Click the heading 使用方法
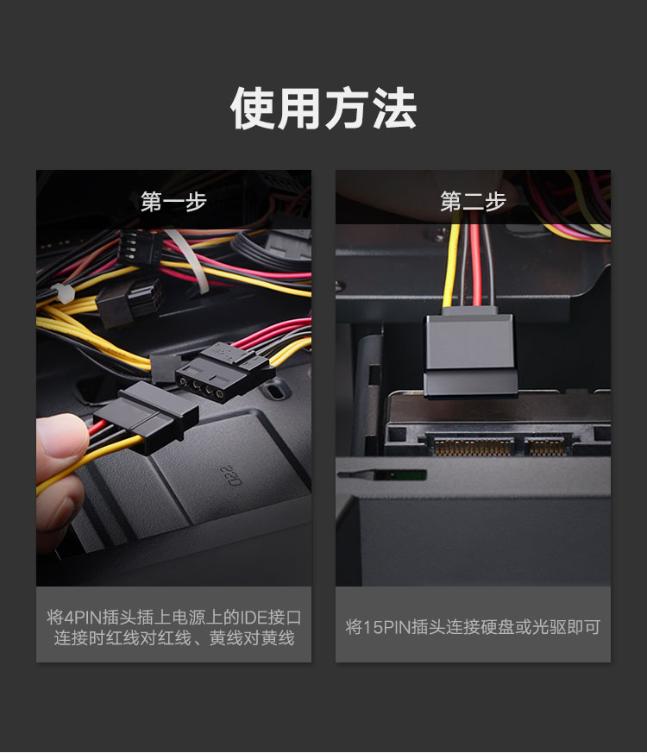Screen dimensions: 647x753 click(323, 108)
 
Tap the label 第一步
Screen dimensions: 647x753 click(173, 201)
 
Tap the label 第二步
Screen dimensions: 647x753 click(473, 201)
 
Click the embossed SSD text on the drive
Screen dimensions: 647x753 click(231, 475)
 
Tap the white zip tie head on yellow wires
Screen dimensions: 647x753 click(62, 293)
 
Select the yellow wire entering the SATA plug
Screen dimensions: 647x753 click(451, 265)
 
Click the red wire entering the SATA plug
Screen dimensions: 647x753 click(475, 264)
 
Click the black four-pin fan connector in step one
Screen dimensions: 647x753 click(138, 248)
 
